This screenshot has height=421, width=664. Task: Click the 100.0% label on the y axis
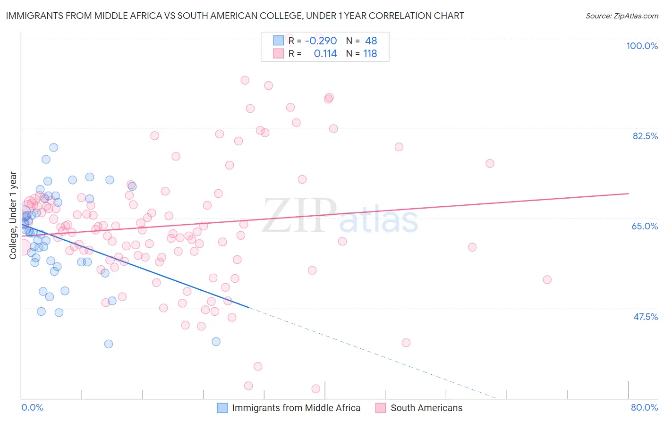pos(642,46)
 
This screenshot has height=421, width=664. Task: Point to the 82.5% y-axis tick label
pos(645,136)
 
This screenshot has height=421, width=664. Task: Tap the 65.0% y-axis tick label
pos(645,226)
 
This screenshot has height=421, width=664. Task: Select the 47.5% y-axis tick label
pos(645,317)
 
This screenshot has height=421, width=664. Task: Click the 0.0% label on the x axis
pos(32,407)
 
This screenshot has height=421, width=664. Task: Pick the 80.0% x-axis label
pos(644,407)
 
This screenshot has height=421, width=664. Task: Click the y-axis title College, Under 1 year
pos(13,215)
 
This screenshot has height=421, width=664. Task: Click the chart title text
pos(235,16)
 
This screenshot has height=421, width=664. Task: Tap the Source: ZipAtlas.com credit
pos(621,16)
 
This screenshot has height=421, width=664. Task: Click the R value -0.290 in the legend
pos(321,41)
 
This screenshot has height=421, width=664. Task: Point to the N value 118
pos(370,54)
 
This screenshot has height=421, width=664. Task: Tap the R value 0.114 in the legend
pos(325,54)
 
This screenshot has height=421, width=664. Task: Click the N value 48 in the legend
pos(371,41)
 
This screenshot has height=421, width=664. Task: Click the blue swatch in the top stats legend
pos(278,41)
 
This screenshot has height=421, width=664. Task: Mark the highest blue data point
pos(54,148)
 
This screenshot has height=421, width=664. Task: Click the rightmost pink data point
pos(547,279)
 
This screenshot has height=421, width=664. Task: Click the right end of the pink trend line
pos(628,194)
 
